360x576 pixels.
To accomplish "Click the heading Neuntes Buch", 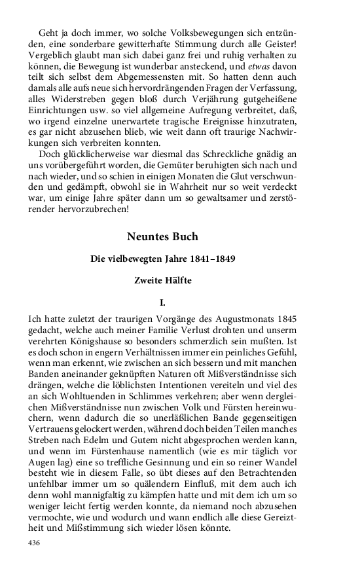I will click(x=162, y=236).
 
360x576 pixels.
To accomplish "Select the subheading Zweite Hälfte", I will click(x=162, y=281).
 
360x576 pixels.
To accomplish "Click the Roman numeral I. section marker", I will click(x=162, y=303).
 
